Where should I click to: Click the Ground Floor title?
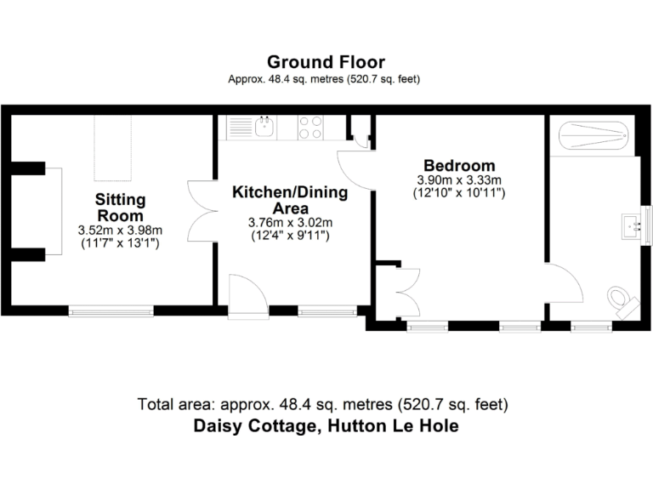pyautogui.click(x=326, y=62)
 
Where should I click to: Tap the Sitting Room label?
pyautogui.click(x=120, y=208)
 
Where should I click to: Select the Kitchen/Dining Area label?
pyautogui.click(x=290, y=200)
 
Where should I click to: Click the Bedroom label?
pyautogui.click(x=460, y=165)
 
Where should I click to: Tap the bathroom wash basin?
pyautogui.click(x=632, y=224)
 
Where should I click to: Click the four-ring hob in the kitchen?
pyautogui.click(x=310, y=128)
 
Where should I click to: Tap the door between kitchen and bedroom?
pyautogui.click(x=355, y=168)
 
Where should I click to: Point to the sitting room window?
pyautogui.click(x=111, y=311)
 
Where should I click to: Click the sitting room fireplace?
pyautogui.click(x=49, y=210)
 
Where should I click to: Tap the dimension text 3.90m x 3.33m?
pyautogui.click(x=459, y=180)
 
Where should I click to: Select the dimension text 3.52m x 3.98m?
pyautogui.click(x=120, y=231)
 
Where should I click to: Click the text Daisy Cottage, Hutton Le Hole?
pyautogui.click(x=326, y=426)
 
